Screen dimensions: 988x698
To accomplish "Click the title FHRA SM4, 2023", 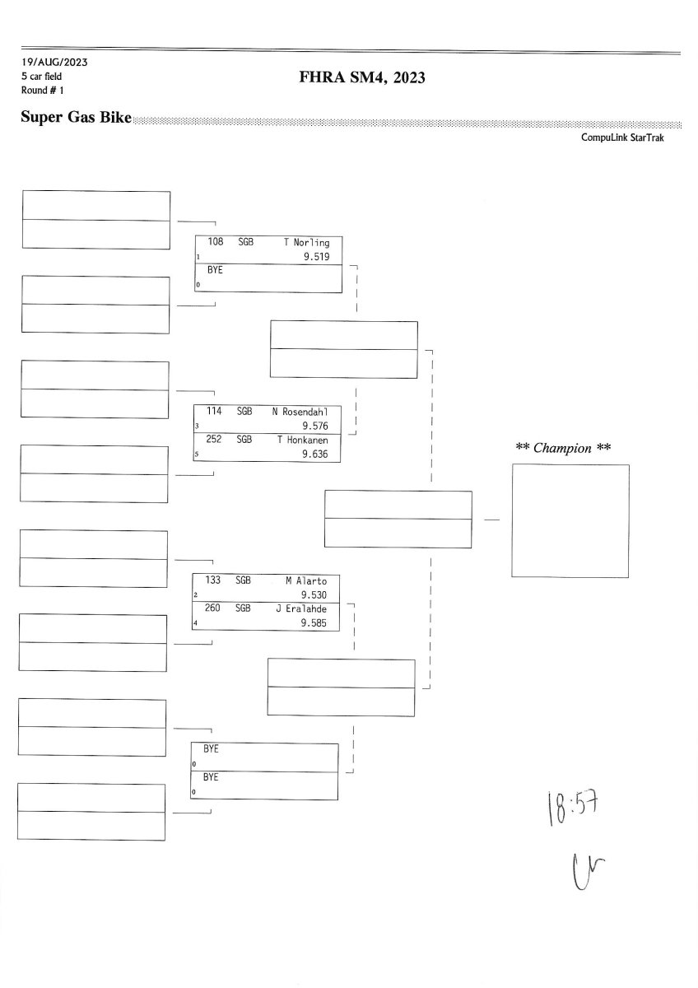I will (x=362, y=77).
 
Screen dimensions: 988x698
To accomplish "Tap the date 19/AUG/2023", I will (x=54, y=63).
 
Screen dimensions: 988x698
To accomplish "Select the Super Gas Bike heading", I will (x=76, y=118).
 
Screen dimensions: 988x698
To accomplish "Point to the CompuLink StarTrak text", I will (x=623, y=137).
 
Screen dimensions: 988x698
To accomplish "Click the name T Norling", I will (x=306, y=243).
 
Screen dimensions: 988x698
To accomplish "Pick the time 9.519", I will (x=316, y=257).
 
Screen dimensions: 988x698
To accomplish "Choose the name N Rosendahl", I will (x=300, y=411).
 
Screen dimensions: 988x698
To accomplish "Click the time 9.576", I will (x=315, y=426).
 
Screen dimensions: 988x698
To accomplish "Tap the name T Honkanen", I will (x=303, y=440).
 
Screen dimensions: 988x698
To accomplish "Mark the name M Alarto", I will (x=306, y=580).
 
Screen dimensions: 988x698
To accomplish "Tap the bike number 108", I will (x=216, y=243).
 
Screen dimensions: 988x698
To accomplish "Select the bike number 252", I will (x=214, y=440).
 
